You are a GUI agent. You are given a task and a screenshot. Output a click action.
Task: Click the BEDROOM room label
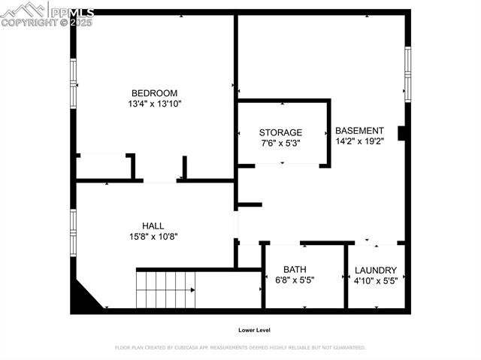coord(154,93)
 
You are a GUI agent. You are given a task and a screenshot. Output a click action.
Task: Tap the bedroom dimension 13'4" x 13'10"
coord(154,104)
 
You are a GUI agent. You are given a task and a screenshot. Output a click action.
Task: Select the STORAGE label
coord(281,132)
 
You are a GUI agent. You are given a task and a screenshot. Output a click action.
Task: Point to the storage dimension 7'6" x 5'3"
coord(281,143)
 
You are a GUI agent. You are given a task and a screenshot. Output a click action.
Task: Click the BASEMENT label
coord(359,130)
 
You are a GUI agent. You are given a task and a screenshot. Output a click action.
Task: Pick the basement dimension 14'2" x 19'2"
coord(359,141)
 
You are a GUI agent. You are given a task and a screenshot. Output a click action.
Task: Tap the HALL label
coord(153,225)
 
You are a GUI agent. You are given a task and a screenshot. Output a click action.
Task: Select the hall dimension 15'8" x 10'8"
coord(153,236)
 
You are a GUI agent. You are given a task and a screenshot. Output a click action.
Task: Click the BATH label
coord(295,270)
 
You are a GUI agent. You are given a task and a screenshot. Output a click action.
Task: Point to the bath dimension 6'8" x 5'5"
coord(295,280)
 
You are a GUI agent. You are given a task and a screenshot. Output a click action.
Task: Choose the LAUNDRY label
coord(375,271)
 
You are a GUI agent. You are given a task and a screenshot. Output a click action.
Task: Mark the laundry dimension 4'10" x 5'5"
coord(375,281)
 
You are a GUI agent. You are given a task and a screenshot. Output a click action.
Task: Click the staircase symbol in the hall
coord(165,289)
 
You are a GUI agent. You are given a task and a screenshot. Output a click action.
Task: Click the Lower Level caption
coord(254,330)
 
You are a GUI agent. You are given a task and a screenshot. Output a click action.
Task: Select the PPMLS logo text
coord(71,13)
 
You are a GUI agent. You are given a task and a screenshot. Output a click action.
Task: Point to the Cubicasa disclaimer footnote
coord(240,348)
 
